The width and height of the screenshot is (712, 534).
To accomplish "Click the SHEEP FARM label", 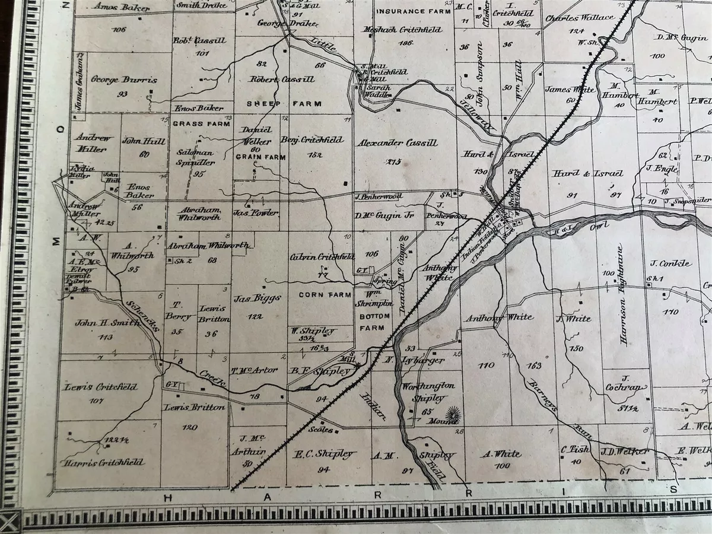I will (284, 103).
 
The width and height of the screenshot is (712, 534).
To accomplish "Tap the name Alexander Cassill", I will (398, 143).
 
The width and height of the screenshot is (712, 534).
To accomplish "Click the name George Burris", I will (116, 79).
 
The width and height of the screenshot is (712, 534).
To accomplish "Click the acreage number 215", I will (393, 162).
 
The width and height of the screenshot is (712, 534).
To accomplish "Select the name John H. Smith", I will (107, 323).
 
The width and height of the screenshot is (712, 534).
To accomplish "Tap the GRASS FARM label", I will (193, 124).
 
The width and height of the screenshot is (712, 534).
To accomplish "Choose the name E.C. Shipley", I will (325, 454).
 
